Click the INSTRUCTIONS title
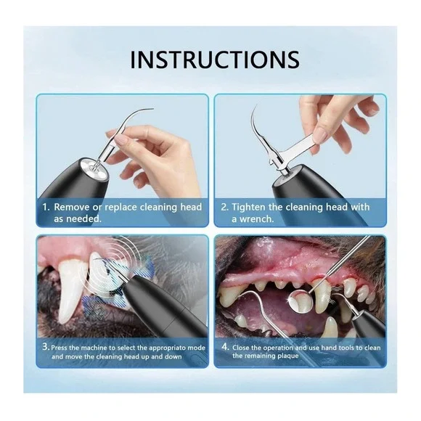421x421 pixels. click(214, 60)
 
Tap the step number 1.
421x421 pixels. click(45, 207)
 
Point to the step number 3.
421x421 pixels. click(45, 347)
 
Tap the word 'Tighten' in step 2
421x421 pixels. click(254, 207)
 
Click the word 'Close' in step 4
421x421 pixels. click(243, 347)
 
